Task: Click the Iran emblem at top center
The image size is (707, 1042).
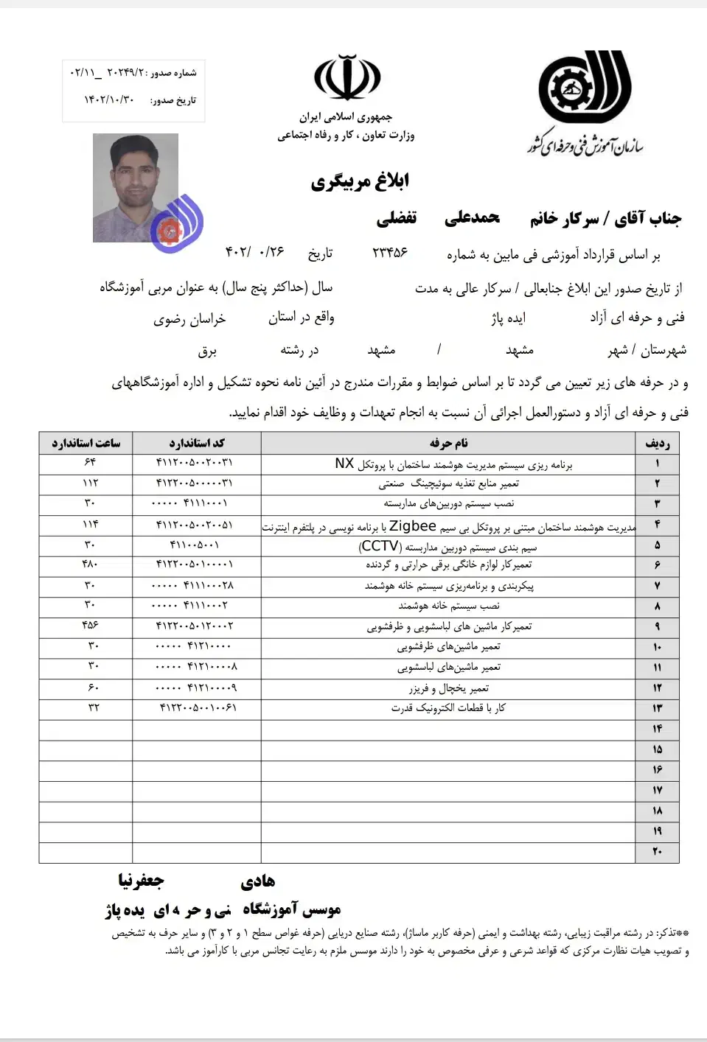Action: click(x=347, y=79)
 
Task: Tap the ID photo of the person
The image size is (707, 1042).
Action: click(x=136, y=187)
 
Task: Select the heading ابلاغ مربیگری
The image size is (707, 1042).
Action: click(x=360, y=181)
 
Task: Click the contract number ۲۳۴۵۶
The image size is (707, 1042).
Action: click(x=390, y=252)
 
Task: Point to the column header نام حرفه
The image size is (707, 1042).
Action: click(x=448, y=443)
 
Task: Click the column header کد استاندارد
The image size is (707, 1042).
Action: click(x=197, y=443)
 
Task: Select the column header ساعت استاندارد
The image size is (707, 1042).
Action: click(x=86, y=443)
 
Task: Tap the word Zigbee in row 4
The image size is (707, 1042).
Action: click(x=413, y=526)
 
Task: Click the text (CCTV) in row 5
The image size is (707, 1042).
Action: click(x=380, y=546)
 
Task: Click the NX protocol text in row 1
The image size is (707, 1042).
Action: click(x=344, y=464)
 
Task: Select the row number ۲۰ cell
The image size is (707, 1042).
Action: click(x=657, y=852)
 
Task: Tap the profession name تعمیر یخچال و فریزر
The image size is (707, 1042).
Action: click(x=449, y=688)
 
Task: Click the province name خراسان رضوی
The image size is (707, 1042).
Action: click(x=189, y=319)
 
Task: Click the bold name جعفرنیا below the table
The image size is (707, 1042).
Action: click(x=141, y=881)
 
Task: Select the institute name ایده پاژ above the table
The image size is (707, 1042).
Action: click(x=509, y=318)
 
